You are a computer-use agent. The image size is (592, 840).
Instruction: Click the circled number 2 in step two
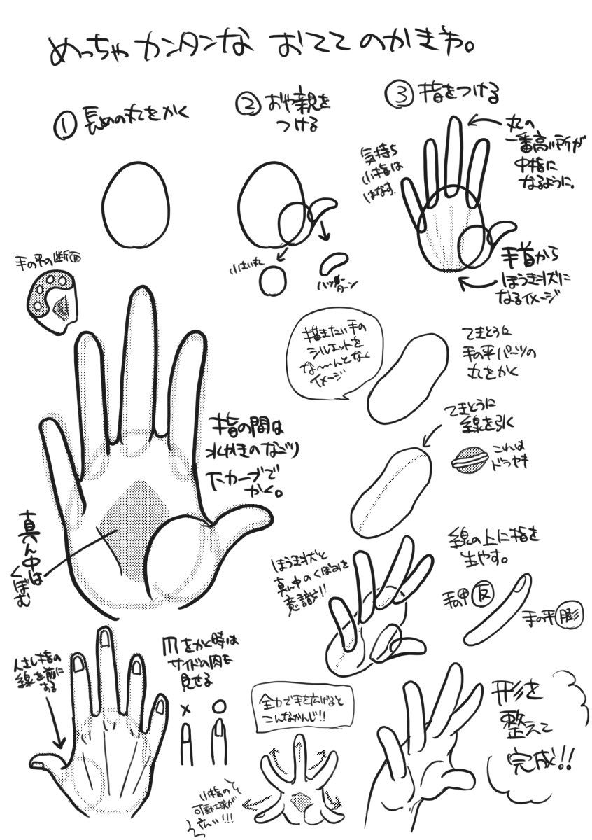[x=248, y=105]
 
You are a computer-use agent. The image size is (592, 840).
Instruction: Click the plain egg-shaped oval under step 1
[x=136, y=204]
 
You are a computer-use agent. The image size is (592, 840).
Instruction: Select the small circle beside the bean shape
[x=272, y=281]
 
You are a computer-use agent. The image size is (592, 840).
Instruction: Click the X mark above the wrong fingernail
[x=186, y=709]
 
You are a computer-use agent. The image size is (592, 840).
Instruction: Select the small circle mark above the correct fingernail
[x=219, y=707]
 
